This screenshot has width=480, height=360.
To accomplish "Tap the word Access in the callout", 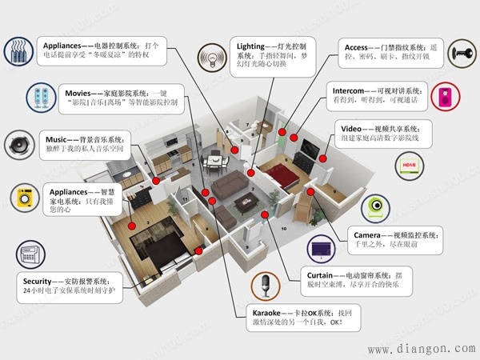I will click(x=357, y=47).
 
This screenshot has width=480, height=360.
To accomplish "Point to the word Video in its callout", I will click(x=352, y=128).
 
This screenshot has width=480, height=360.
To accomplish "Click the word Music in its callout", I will click(x=59, y=140).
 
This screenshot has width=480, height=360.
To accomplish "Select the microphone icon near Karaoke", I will click(x=264, y=286).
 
